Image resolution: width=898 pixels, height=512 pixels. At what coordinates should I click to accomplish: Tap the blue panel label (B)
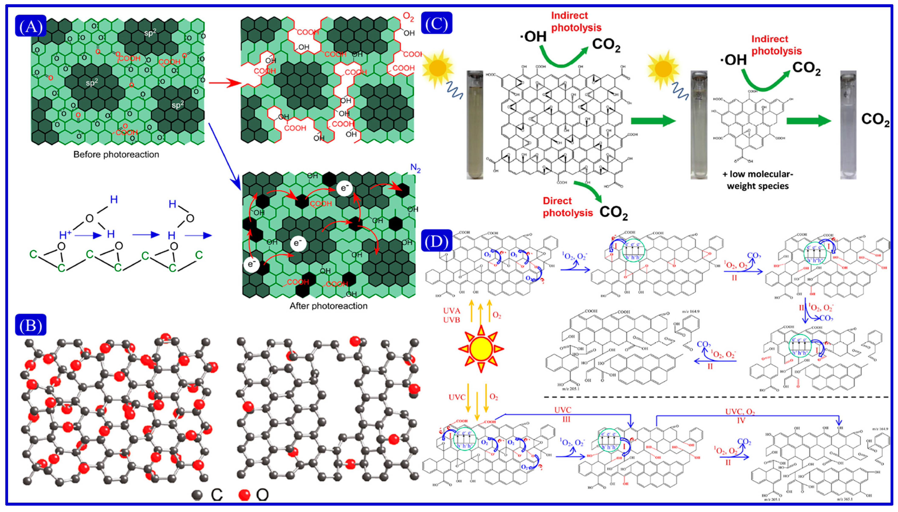(31, 325)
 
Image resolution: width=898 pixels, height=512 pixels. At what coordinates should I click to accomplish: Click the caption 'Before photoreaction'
(116, 154)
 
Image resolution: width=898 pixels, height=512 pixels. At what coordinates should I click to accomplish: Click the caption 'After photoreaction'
(328, 306)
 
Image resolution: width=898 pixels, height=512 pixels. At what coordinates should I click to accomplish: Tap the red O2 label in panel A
(408, 17)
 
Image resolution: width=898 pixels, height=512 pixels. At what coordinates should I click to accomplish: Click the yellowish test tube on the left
(475, 125)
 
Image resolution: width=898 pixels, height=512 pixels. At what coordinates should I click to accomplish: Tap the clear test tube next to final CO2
(848, 125)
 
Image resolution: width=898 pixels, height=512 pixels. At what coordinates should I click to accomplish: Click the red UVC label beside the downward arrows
(457, 397)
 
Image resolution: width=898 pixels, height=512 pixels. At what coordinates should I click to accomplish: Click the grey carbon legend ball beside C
(198, 495)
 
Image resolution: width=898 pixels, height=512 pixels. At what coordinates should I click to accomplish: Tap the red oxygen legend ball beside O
(244, 495)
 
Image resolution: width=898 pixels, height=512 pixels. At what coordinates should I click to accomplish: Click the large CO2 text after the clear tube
(875, 120)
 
